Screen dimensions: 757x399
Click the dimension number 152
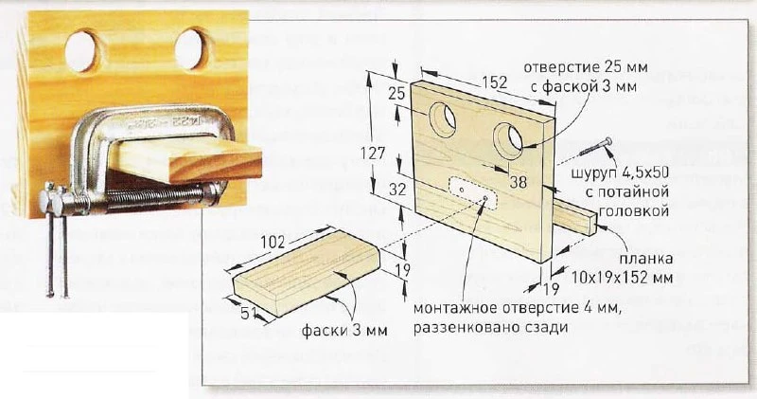pos(494,82)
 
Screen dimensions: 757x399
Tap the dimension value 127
pos(373,154)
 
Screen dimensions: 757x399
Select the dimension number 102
pos(273,242)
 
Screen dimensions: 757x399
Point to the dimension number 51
pos(249,315)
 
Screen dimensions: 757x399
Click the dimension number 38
pos(518,182)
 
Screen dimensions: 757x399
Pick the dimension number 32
pos(397,190)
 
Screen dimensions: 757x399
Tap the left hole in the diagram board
pos(443,119)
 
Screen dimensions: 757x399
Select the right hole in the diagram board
pos(508,139)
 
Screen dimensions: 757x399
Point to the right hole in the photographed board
pos(192,49)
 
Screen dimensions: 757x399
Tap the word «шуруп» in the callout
pos(594,174)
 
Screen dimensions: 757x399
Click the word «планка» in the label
pos(646,259)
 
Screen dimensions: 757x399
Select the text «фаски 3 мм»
pos(344,331)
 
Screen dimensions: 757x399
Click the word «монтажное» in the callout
pos(453,308)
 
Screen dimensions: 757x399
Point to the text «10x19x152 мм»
pos(623,278)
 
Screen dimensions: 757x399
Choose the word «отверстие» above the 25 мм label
pos(558,66)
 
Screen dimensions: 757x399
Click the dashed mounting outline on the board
pos(473,193)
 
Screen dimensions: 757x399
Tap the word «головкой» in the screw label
pos(633,210)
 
